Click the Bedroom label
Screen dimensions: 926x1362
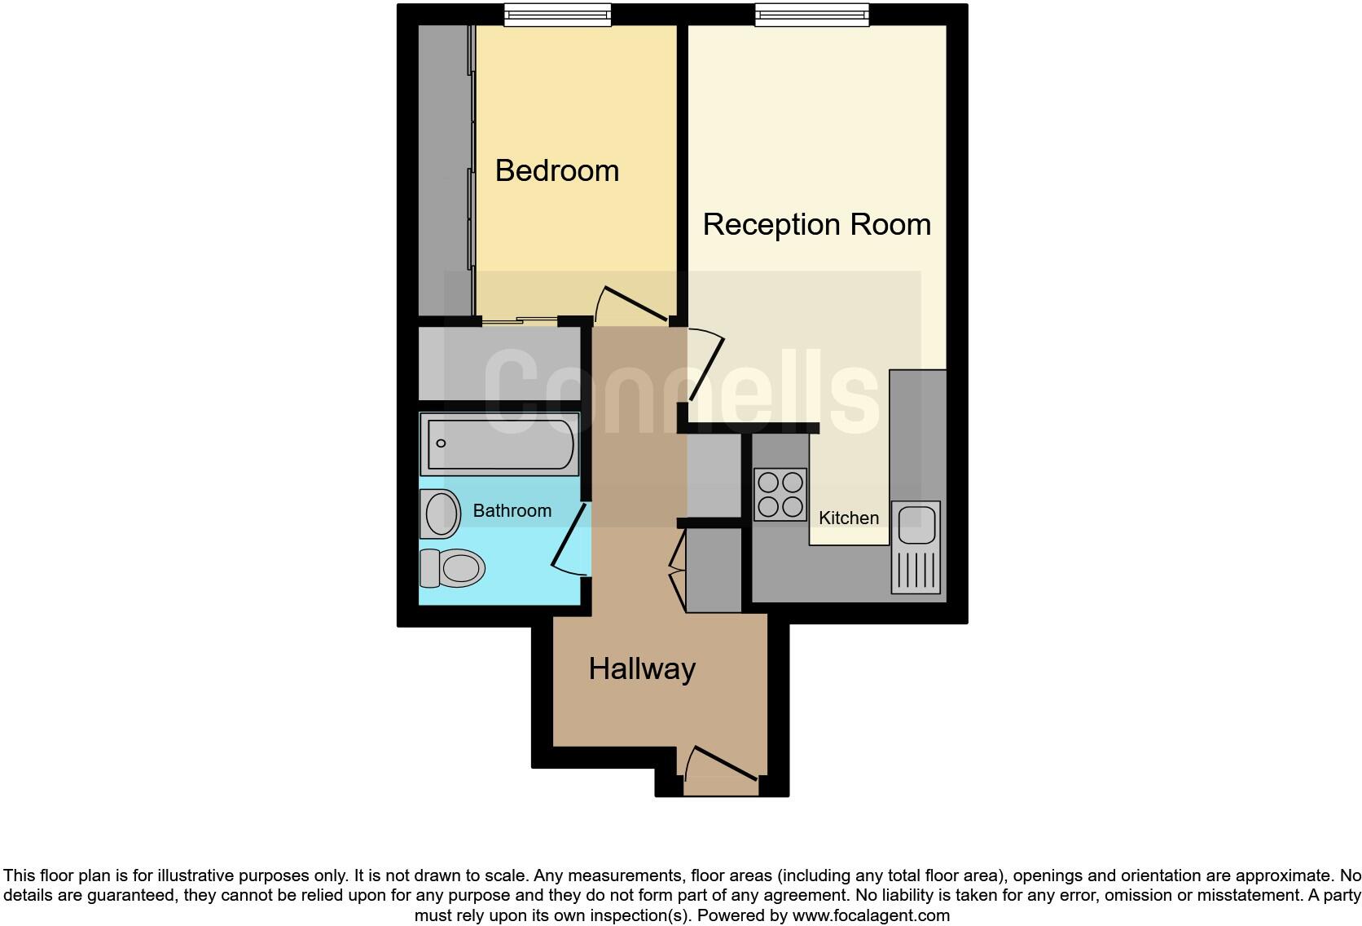(557, 171)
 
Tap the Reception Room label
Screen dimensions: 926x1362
(816, 225)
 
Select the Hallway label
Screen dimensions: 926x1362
(642, 669)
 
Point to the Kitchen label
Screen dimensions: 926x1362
(849, 518)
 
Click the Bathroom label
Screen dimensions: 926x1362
(512, 511)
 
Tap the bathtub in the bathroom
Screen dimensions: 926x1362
(499, 444)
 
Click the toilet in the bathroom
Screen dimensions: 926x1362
(451, 567)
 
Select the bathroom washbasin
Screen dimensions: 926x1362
(441, 514)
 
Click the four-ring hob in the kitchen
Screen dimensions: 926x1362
(780, 494)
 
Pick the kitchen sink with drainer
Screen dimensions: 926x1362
(916, 546)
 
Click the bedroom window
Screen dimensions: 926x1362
(557, 14)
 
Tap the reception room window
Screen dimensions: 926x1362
(811, 14)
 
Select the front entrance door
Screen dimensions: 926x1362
(722, 766)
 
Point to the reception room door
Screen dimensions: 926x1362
(706, 364)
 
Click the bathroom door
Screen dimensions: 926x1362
(569, 540)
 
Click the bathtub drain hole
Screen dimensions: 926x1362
(442, 444)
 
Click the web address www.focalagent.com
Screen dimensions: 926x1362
(871, 915)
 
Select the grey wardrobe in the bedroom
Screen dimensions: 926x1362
(445, 170)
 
